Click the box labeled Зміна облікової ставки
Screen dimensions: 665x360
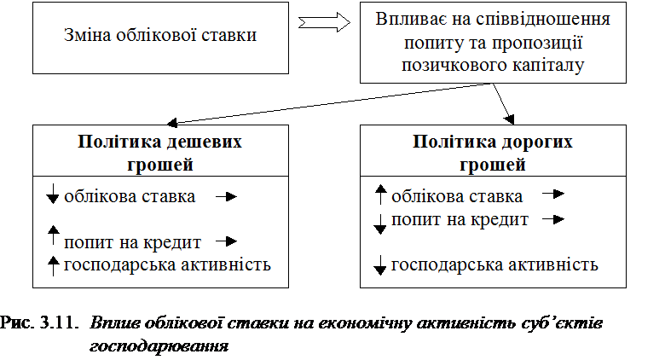point(160,38)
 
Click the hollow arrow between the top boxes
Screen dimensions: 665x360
point(324,22)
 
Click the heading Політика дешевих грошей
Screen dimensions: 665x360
point(160,153)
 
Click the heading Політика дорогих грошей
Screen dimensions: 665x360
point(493,153)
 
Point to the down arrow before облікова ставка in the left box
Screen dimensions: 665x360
point(53,194)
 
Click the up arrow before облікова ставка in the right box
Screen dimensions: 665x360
point(381,195)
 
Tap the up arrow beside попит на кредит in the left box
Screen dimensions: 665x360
point(53,235)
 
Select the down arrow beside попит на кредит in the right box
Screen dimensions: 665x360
point(380,224)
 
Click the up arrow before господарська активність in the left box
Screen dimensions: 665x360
point(53,266)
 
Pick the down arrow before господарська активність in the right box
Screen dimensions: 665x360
point(380,265)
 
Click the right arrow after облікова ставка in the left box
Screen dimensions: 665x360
point(227,196)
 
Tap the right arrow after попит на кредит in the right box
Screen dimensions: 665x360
point(553,219)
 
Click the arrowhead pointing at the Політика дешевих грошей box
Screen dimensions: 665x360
point(171,123)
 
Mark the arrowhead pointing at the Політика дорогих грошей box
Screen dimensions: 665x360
point(509,119)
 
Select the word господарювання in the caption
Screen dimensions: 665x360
point(159,346)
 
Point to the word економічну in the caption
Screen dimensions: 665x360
point(365,323)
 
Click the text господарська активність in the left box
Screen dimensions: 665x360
point(167,265)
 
